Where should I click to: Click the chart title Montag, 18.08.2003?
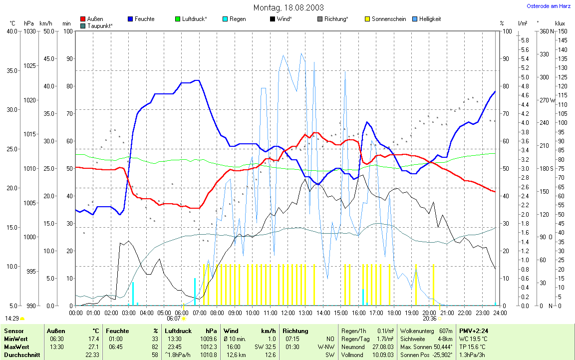click(288, 7)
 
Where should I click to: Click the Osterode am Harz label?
click(549, 6)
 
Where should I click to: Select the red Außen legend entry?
click(95, 19)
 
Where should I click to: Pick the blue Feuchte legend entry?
click(144, 19)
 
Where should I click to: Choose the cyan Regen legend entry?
click(237, 19)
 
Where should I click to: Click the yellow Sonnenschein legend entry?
click(388, 19)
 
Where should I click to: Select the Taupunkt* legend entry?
click(99, 25)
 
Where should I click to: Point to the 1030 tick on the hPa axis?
click(29, 31)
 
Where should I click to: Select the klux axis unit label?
click(560, 23)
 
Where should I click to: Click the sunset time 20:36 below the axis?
click(429, 318)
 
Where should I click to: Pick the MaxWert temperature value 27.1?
click(93, 347)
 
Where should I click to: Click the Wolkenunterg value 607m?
click(445, 331)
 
